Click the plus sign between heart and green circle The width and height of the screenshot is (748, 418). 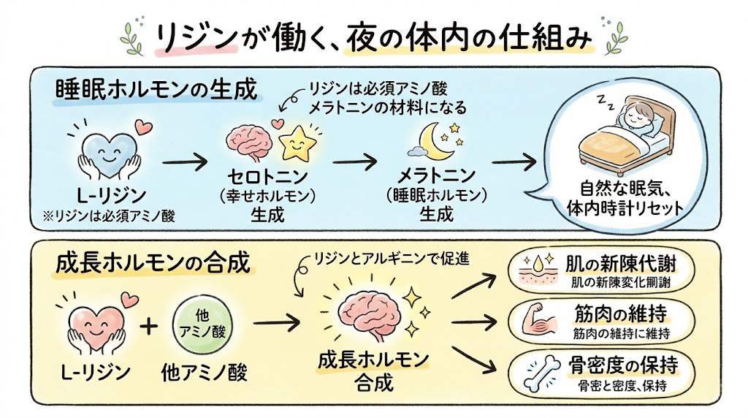coord(149,327)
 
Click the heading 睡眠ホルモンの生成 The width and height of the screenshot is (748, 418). coord(156,89)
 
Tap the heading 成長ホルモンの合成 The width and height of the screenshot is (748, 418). coord(153,263)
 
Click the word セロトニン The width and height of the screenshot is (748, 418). coord(267,177)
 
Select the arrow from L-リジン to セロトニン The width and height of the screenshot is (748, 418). coord(185,163)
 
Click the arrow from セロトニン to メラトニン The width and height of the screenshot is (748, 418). coord(354,161)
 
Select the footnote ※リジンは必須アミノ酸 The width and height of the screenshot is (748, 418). coord(109,216)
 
